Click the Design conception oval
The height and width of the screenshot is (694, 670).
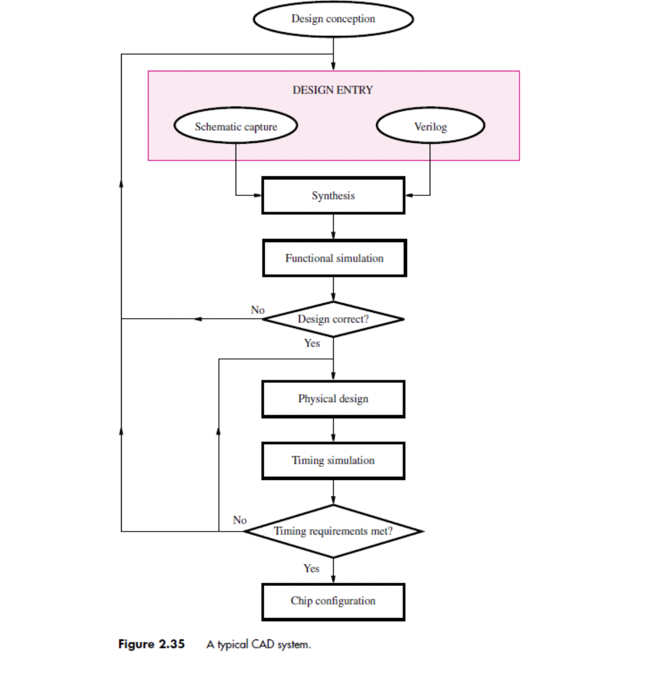point(333,19)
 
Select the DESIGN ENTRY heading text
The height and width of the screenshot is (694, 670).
point(333,90)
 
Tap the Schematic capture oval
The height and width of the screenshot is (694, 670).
point(236,127)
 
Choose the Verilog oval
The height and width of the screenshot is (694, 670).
point(430,127)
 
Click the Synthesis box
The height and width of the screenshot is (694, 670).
point(333,195)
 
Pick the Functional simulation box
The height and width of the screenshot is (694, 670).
point(334,258)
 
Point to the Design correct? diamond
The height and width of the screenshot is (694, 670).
point(333,319)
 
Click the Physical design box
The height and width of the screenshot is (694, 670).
point(333,399)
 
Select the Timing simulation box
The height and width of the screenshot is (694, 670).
point(333,461)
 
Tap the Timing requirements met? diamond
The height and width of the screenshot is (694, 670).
point(333,531)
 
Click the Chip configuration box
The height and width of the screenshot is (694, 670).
point(333,601)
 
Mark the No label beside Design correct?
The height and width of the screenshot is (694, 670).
point(258,310)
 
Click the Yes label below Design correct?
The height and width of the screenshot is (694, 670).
point(312,343)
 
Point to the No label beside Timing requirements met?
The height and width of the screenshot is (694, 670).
point(240,520)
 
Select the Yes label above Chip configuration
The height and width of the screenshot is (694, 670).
point(311,569)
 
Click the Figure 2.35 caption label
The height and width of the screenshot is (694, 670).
point(151,644)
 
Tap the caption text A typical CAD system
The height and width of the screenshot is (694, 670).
point(258,645)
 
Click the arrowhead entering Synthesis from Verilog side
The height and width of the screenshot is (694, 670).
point(409,195)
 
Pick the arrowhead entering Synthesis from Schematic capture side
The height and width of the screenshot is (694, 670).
point(258,195)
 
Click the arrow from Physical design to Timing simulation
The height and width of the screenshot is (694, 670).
point(333,430)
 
